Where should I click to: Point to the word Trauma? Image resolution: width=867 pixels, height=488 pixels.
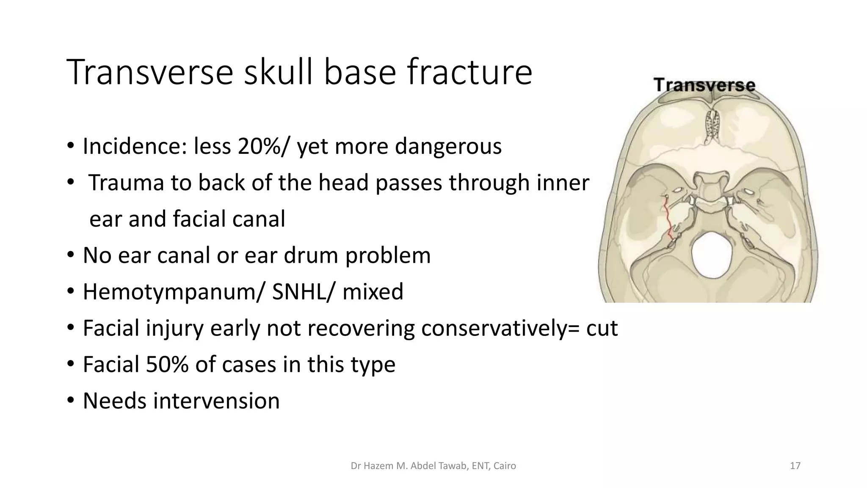[126, 183]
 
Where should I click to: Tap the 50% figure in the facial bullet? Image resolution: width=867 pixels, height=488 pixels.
[167, 365]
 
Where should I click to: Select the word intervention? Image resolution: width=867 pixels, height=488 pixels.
[216, 401]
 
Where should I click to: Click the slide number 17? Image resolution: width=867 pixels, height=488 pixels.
[795, 466]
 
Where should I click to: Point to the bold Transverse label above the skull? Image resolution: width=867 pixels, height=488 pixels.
[704, 85]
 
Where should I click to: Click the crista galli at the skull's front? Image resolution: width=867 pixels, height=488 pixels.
[713, 127]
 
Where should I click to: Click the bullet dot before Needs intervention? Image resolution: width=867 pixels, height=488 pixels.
[71, 400]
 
